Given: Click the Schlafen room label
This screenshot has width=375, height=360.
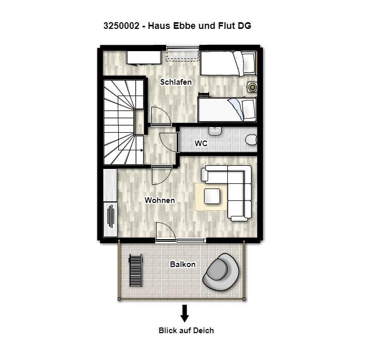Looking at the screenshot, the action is click(x=176, y=82).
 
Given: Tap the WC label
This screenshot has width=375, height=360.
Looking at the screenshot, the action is click(x=201, y=143).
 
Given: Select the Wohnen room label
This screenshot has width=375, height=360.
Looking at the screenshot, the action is click(x=160, y=200).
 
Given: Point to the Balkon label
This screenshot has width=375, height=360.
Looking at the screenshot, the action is click(x=183, y=264).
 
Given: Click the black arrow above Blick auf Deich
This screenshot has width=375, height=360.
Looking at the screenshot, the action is click(x=184, y=314).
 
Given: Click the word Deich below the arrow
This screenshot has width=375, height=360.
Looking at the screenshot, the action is click(x=204, y=331).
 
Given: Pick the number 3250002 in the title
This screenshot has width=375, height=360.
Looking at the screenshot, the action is click(x=121, y=26).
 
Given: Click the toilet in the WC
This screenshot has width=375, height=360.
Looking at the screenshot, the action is click(x=251, y=139).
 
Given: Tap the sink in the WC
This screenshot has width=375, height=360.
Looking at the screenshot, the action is click(x=215, y=131).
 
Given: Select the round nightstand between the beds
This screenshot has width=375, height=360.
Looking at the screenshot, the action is click(x=252, y=87).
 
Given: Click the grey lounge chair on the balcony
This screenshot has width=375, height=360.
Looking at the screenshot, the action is click(x=221, y=272).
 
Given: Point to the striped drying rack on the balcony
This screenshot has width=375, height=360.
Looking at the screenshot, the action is click(x=136, y=270).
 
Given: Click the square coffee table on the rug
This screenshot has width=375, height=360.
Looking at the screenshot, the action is click(x=212, y=196).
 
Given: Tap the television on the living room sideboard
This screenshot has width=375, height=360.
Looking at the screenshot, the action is click(x=111, y=216).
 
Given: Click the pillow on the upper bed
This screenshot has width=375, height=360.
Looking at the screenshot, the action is click(x=248, y=64).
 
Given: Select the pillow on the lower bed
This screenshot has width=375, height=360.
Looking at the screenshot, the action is click(x=248, y=109).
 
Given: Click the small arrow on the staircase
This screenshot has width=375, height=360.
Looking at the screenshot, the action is click(x=139, y=150).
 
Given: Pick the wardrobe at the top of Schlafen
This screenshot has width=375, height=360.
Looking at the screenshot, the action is click(x=144, y=57).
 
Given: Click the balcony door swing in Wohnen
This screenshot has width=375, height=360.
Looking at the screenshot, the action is click(x=165, y=231).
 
